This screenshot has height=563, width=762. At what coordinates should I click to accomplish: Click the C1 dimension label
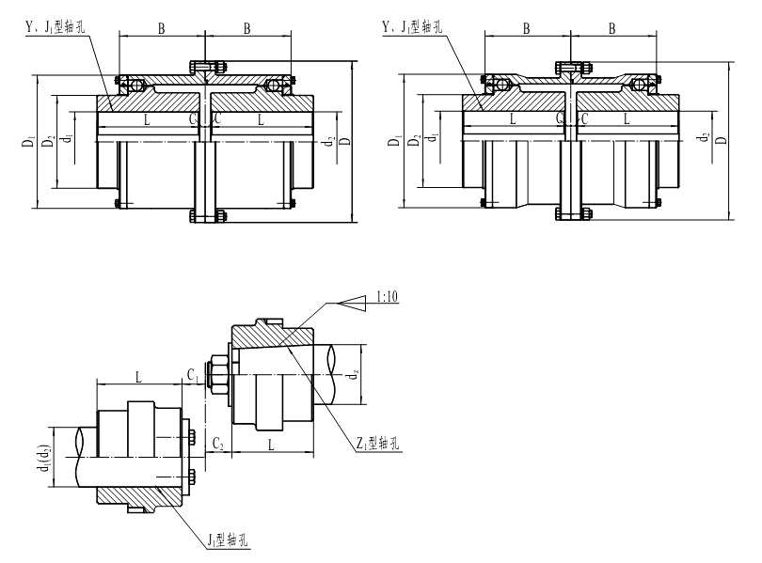click(193, 374)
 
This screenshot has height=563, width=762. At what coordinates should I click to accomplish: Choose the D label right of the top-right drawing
click(721, 141)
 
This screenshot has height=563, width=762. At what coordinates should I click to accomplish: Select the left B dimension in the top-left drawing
click(161, 29)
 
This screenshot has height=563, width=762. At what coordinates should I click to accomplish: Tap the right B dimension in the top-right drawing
click(612, 29)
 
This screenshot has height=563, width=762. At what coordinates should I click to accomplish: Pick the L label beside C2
click(272, 442)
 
